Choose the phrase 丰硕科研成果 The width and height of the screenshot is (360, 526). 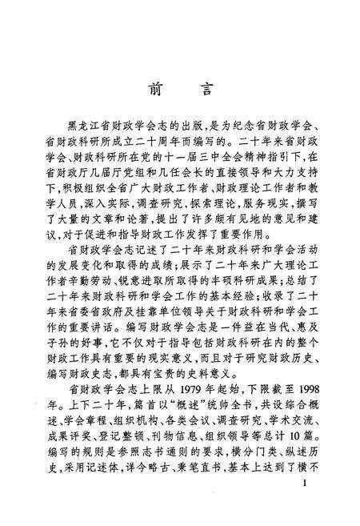pos(238,262)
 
